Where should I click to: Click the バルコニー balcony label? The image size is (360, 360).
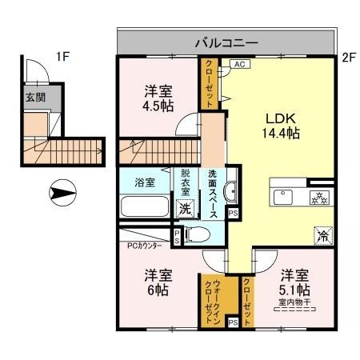(x=224, y=42)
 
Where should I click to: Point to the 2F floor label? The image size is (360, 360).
(x=347, y=58)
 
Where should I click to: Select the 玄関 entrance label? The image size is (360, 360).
(x=35, y=98)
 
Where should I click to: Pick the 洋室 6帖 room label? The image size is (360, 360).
(x=157, y=281)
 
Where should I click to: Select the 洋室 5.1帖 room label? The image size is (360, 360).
(x=294, y=281)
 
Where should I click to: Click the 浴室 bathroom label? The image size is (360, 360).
(x=145, y=181)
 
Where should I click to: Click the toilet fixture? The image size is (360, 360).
(x=199, y=234)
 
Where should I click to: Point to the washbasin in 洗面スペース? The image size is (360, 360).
(x=230, y=190)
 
